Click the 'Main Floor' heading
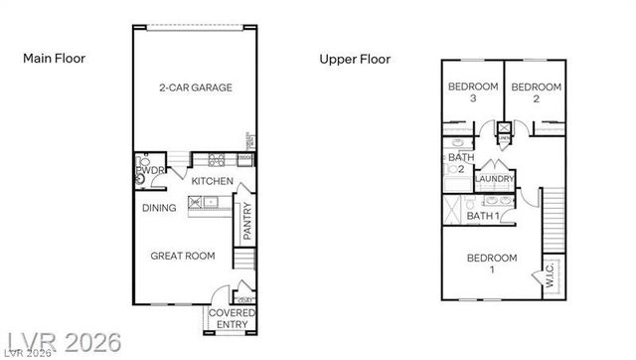click(x=55, y=59)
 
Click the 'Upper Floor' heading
click(x=355, y=60)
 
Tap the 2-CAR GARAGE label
click(x=195, y=89)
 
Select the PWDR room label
click(x=147, y=172)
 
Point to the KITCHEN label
click(x=213, y=181)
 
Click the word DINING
click(x=159, y=208)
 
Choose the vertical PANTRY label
click(x=247, y=222)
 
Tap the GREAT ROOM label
click(x=183, y=256)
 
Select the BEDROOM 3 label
click(x=472, y=92)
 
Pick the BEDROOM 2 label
click(x=536, y=92)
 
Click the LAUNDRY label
click(x=495, y=179)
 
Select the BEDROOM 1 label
click(x=492, y=263)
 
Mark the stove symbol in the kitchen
click(x=216, y=160)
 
